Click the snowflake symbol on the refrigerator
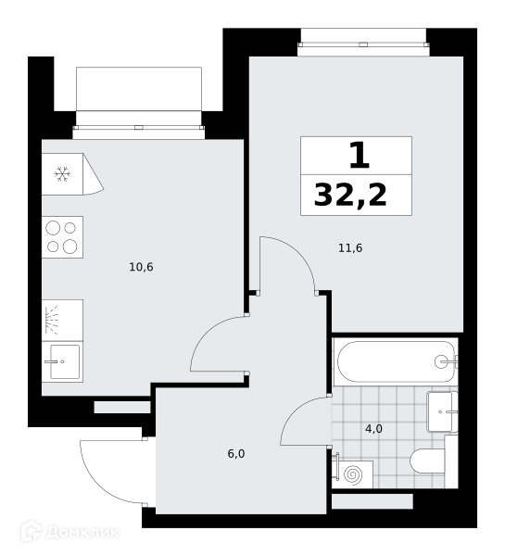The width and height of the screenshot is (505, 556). click(62, 174)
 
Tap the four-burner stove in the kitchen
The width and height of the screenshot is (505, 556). click(62, 237)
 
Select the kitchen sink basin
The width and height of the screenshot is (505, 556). click(65, 361)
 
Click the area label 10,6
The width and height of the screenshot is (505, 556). click(141, 267)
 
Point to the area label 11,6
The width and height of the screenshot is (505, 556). click(350, 248)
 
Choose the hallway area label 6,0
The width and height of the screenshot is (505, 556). click(236, 454)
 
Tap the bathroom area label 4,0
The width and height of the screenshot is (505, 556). click(373, 429)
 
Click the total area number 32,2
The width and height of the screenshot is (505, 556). click(350, 196)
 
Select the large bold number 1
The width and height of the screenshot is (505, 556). click(360, 155)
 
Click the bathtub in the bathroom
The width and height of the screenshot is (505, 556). click(396, 362)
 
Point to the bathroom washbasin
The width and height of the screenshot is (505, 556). click(442, 411)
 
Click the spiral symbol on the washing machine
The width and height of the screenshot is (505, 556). click(354, 474)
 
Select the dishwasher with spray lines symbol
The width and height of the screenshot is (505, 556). click(62, 321)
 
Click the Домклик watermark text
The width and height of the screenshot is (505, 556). click(82, 532)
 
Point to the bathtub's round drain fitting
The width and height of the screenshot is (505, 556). click(441, 362)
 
